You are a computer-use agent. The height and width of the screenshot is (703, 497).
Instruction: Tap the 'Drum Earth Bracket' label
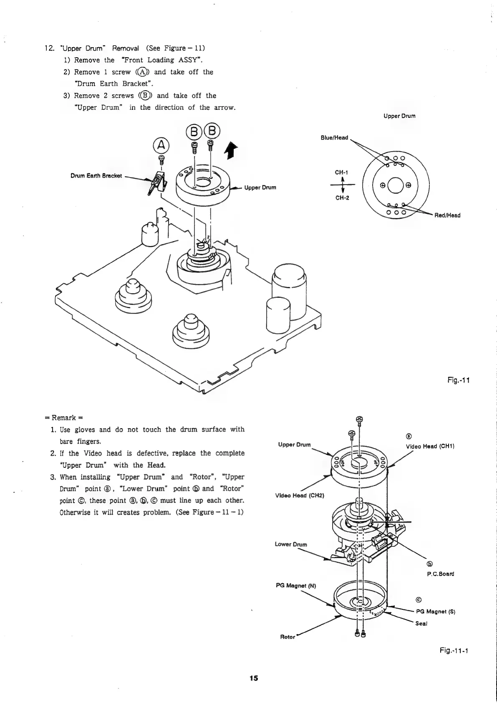coord(96,175)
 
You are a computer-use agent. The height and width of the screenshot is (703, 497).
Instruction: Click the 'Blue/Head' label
coord(334,137)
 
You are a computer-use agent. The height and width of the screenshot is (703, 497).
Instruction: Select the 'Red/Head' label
coord(447,216)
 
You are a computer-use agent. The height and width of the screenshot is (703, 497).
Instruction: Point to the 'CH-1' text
coord(341,172)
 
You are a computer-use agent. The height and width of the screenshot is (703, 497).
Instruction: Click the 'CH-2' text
coord(342,198)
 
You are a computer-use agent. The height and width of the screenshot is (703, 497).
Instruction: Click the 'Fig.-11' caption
coord(458,380)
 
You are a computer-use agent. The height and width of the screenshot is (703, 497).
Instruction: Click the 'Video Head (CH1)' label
coord(430,446)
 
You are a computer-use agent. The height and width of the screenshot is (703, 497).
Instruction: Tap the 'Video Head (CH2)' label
coord(300,495)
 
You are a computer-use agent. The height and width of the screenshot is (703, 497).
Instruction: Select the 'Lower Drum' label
coord(291,544)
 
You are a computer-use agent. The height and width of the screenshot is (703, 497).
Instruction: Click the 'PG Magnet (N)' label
coord(296,585)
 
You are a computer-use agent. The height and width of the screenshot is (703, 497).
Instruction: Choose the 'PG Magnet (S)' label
coord(435,612)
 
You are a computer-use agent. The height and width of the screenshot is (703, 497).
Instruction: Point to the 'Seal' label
coord(421,623)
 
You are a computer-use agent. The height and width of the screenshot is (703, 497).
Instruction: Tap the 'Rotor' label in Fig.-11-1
coord(287,637)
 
